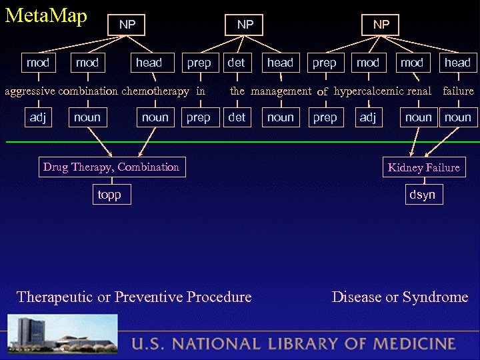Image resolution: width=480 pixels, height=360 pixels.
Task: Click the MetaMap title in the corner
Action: pyautogui.click(x=46, y=16)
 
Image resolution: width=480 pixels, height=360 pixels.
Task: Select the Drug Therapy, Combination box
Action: pyautogui.click(x=111, y=167)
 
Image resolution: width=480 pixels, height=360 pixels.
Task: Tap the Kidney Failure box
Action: pyautogui.click(x=423, y=167)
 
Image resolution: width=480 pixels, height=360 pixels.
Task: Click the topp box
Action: pyautogui.click(x=109, y=194)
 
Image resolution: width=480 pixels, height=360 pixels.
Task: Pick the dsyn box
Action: pyautogui.click(x=423, y=194)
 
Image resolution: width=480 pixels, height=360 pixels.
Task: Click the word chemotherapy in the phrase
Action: pyautogui.click(x=155, y=91)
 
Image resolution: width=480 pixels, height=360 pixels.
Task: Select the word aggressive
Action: pyautogui.click(x=30, y=91)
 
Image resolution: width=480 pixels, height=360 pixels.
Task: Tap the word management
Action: pyautogui.click(x=281, y=91)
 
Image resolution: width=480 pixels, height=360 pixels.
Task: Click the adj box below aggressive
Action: pyautogui.click(x=37, y=117)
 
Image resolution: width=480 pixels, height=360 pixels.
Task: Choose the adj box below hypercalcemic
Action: pyautogui.click(x=367, y=117)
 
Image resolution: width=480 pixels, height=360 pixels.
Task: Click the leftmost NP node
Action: pyautogui.click(x=127, y=25)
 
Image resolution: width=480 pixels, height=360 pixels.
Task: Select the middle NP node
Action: pyautogui.click(x=245, y=25)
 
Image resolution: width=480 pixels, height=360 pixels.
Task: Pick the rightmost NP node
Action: pyautogui.click(x=381, y=25)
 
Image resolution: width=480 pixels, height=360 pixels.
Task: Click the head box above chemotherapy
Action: pyautogui.click(x=149, y=63)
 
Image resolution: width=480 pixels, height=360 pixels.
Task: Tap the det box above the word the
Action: pyautogui.click(x=237, y=63)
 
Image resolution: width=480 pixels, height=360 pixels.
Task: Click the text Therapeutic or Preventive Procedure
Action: pyautogui.click(x=134, y=297)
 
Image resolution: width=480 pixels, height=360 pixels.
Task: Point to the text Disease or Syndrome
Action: pyautogui.click(x=400, y=297)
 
